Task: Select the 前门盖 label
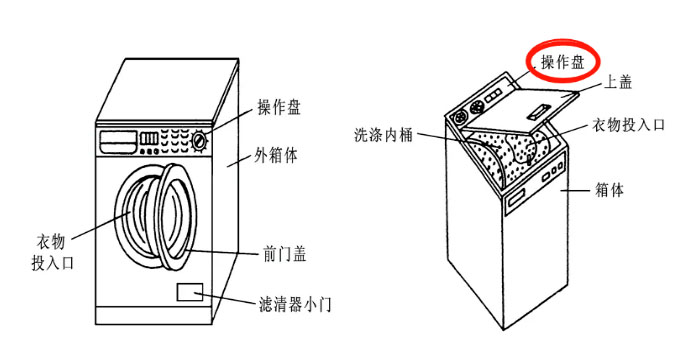click(284, 254)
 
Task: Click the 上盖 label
click(618, 81)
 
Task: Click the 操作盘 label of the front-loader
click(279, 108)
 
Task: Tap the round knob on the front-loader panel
click(203, 140)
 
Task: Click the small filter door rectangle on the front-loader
click(190, 292)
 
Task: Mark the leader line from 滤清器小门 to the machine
click(233, 299)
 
